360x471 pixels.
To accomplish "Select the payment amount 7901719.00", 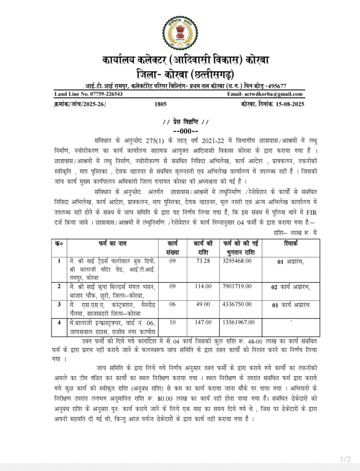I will tap(237, 287).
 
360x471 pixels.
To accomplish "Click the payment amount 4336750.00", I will tap(237, 304).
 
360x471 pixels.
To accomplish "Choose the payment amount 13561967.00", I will tap(239, 322).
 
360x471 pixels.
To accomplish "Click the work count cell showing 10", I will tap(172, 322).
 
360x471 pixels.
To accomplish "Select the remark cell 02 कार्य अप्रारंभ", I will tap(291, 287).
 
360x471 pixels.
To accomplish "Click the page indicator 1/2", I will tap(345, 459).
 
